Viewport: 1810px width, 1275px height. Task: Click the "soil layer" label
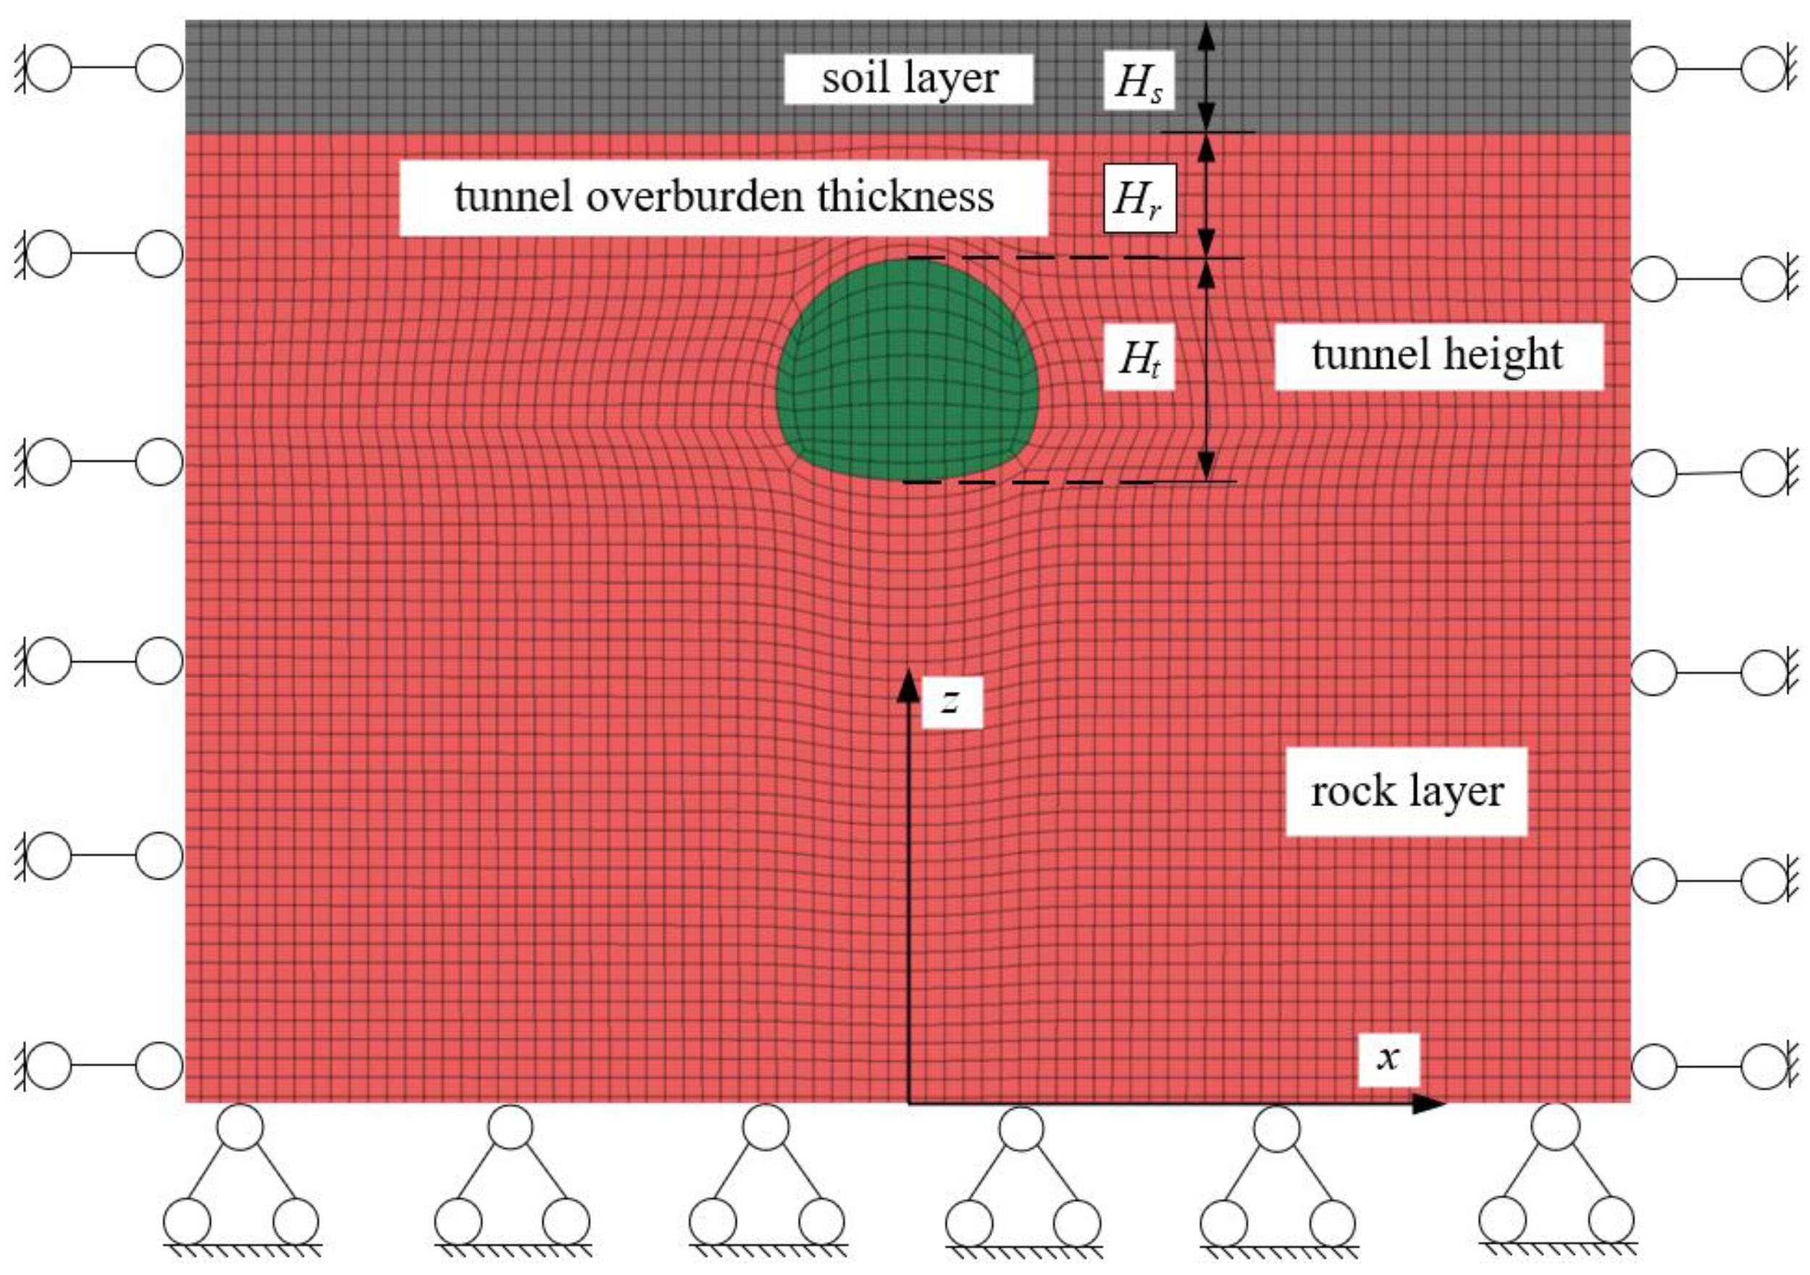point(909,79)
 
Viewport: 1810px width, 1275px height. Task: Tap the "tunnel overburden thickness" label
point(724,197)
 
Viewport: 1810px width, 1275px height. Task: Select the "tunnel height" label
point(1438,356)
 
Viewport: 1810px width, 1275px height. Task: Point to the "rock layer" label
point(1407,792)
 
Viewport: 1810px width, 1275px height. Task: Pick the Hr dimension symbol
point(1139,198)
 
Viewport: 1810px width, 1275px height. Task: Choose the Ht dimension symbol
point(1139,359)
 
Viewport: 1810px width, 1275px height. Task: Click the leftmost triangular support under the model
point(240,1183)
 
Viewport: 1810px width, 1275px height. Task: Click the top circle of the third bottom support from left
point(766,1126)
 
